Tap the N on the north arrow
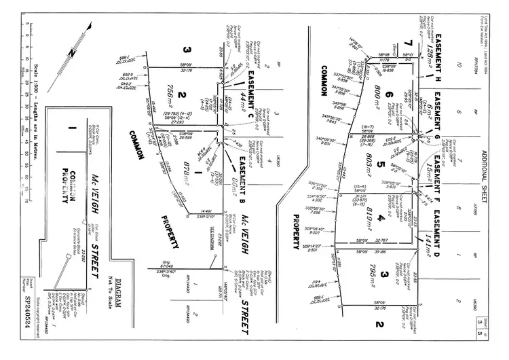(x=71, y=52)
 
